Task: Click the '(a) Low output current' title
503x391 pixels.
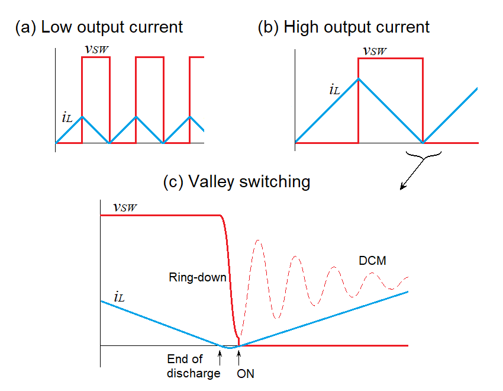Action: click(x=99, y=27)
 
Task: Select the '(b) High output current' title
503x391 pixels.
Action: click(x=343, y=27)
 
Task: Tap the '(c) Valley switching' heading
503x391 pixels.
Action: click(x=236, y=182)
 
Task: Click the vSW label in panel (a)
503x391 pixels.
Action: click(x=96, y=50)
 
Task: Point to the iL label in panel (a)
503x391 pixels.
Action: click(x=67, y=117)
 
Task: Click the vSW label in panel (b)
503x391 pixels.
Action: click(x=375, y=51)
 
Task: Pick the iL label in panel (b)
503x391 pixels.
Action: click(x=336, y=91)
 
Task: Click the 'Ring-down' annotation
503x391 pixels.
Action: click(x=198, y=277)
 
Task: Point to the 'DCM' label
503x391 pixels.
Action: click(x=372, y=261)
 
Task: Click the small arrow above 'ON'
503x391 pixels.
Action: click(x=238, y=355)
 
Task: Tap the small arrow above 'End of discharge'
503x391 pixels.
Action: click(x=220, y=355)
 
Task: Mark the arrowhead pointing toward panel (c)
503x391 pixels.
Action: click(x=403, y=188)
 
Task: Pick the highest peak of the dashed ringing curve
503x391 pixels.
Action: click(x=257, y=240)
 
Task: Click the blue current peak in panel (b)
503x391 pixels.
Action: click(x=359, y=78)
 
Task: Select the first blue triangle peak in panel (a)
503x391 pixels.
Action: click(x=82, y=116)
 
